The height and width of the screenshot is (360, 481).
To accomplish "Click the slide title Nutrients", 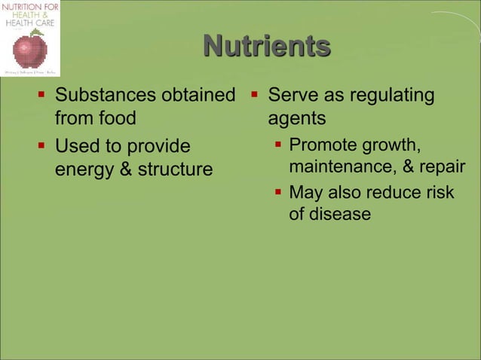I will pos(266,47).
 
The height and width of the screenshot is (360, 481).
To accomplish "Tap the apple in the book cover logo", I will pos(30,50).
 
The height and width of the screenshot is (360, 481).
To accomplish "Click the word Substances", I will pos(103,96).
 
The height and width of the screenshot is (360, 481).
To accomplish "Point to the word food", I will pos(116,119).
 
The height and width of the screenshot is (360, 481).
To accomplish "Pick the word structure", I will pos(174,169).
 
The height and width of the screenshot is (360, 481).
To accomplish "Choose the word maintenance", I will pos(342,166).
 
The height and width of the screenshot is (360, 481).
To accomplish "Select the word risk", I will pos(438,192).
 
